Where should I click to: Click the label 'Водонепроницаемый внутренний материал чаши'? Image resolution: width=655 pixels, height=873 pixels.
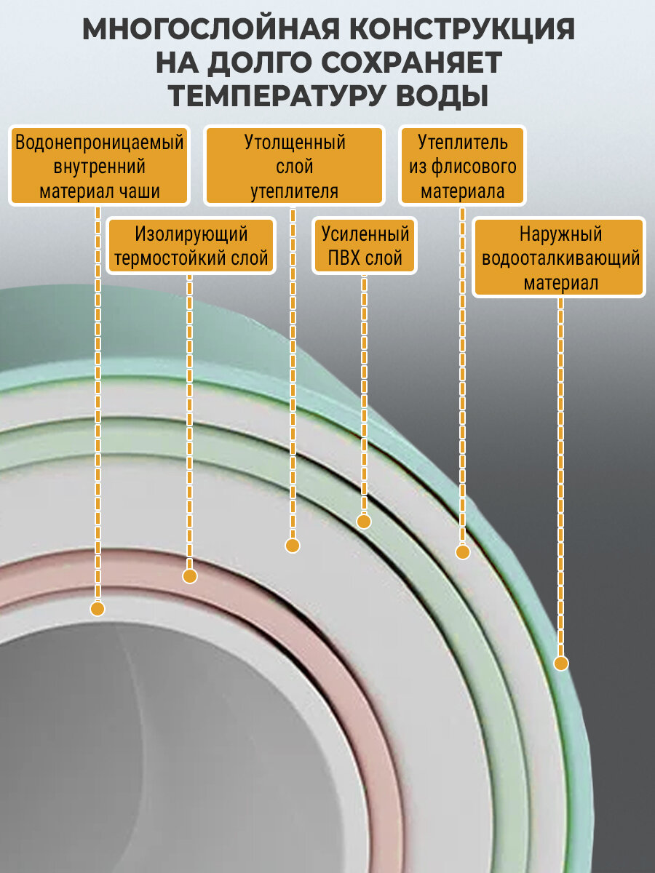pos(99,167)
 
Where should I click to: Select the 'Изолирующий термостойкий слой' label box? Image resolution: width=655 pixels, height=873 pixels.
pos(191,246)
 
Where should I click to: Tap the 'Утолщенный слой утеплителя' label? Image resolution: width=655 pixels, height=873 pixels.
pos(294,167)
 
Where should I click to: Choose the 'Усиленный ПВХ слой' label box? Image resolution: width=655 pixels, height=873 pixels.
pos(365,246)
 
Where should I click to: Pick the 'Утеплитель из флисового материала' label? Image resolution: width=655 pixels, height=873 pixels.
pos(462,167)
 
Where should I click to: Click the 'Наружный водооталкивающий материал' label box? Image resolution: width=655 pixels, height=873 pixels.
pos(560,258)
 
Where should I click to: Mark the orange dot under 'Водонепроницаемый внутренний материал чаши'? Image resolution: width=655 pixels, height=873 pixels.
pos(98,608)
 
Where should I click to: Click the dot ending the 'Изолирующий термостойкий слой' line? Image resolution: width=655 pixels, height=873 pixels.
pos(190,576)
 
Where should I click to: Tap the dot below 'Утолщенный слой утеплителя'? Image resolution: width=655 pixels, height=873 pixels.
pos(293,546)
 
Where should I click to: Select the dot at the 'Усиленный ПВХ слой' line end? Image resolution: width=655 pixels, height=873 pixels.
pos(364,521)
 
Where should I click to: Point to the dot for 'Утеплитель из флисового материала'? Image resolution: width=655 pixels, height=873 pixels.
pos(462,552)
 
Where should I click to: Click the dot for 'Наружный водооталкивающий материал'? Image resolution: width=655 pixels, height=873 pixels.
pos(560,663)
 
